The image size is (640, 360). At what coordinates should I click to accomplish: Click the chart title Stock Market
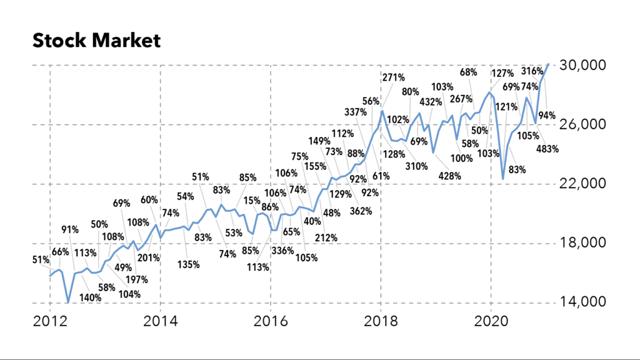coord(96,41)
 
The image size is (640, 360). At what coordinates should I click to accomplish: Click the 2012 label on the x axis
coord(49,322)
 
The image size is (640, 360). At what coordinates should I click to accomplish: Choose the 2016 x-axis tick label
coord(271,322)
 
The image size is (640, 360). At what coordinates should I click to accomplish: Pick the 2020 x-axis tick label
coord(491,322)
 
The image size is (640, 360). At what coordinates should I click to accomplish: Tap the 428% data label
coord(449,176)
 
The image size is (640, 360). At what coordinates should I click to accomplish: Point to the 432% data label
coord(431,102)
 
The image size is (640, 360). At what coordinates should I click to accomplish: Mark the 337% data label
coord(356,112)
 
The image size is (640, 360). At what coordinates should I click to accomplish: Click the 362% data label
coord(361,211)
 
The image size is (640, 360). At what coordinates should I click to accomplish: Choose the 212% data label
coord(326,237)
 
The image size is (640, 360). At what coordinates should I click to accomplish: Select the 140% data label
coord(91,297)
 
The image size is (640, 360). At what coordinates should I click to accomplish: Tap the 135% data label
coord(188,264)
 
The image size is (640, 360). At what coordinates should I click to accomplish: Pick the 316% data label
coord(549,71)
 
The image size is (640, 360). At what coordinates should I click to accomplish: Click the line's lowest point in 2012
coord(67,302)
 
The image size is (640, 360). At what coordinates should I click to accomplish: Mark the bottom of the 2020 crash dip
coord(503,179)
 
